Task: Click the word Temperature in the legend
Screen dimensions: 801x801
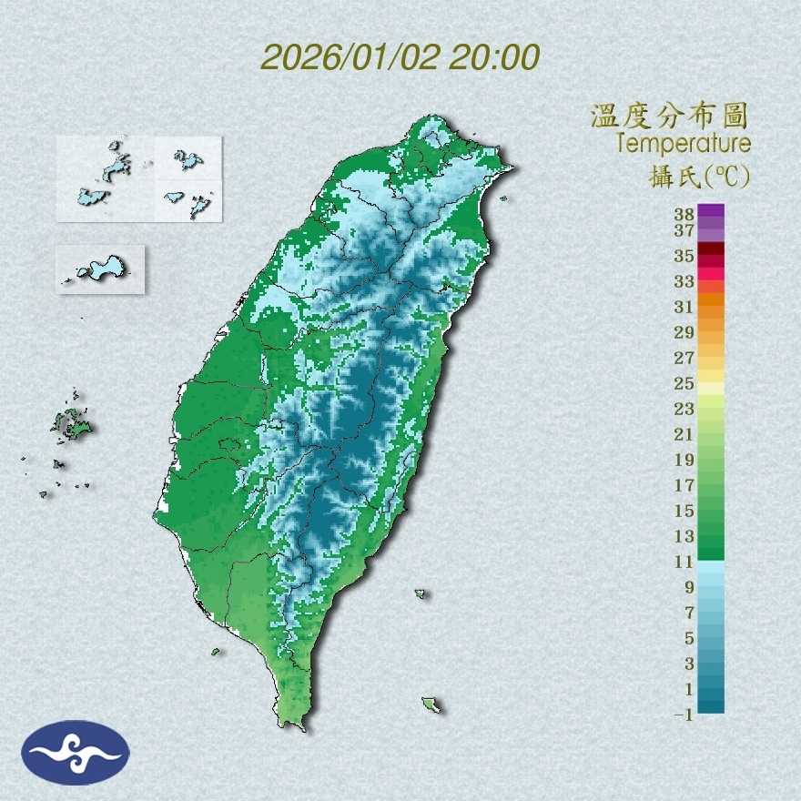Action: point(684,144)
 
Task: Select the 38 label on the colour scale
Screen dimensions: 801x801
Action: point(684,214)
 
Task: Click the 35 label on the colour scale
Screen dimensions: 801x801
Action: point(684,256)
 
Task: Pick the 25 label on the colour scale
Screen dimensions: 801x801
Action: point(684,383)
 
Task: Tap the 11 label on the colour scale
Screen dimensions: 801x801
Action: point(684,562)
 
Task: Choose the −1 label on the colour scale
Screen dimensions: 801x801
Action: point(684,715)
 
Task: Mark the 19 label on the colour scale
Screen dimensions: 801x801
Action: point(684,460)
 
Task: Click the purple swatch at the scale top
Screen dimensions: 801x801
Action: point(711,211)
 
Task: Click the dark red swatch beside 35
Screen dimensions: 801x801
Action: point(711,248)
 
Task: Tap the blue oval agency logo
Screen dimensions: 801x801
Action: point(76,753)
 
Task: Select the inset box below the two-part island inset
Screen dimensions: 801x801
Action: point(100,269)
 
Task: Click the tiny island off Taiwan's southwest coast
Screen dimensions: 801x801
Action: point(216,652)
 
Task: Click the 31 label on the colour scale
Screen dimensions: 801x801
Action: point(684,307)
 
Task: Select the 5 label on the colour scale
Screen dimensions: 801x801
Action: point(689,638)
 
